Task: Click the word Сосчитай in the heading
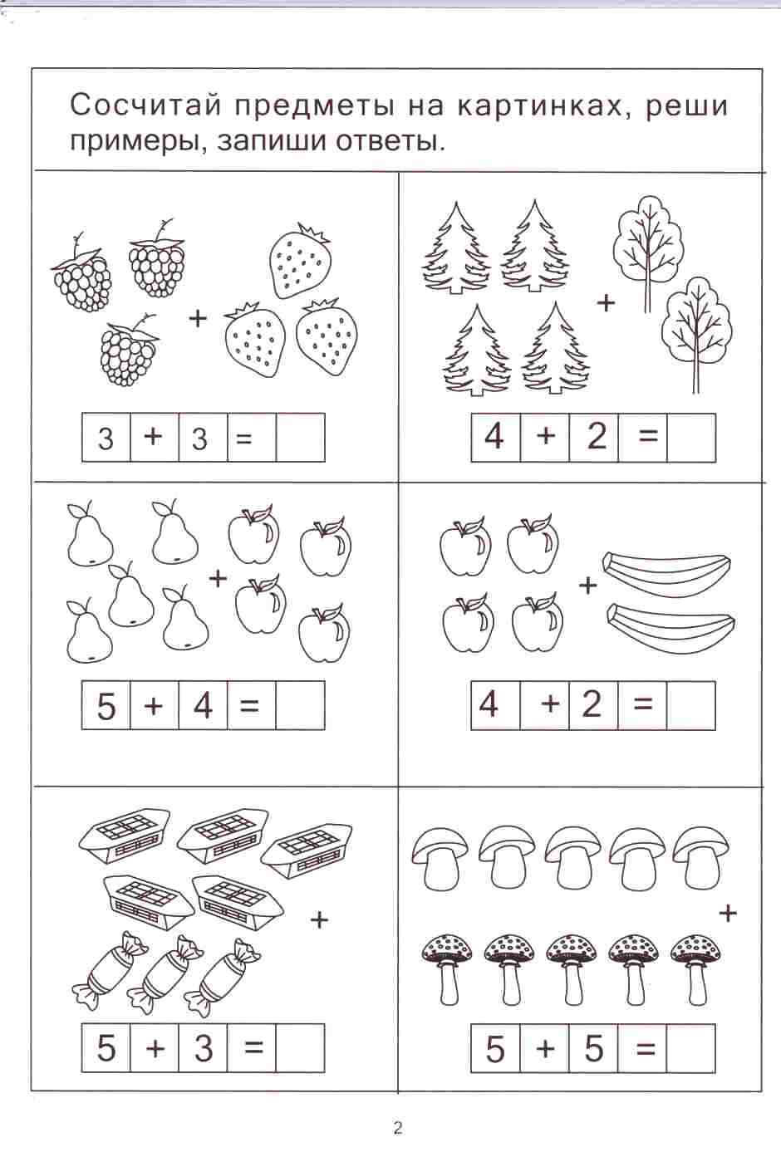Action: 145,106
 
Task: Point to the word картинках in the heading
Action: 547,105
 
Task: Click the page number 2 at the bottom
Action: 397,1129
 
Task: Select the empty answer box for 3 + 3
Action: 301,437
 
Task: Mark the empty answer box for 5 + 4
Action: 301,705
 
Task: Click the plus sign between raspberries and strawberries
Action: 198,318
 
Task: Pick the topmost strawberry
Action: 299,261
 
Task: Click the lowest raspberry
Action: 129,350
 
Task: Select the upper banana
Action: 667,574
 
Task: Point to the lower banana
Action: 670,628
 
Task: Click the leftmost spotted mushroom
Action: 447,973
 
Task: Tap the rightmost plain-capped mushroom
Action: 700,857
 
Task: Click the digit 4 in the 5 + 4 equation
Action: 204,705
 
